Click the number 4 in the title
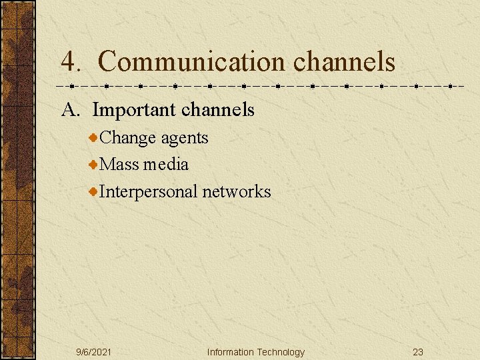click(x=69, y=62)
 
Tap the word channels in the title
click(x=344, y=62)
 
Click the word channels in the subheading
click(x=217, y=109)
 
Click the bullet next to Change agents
click(x=94, y=137)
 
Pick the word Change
click(x=128, y=138)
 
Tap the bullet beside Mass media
click(x=94, y=164)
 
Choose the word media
click(x=165, y=164)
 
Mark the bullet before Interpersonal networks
click(x=94, y=191)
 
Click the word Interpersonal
click(x=148, y=192)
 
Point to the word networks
click(x=237, y=192)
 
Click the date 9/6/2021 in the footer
click(x=94, y=352)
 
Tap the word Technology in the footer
click(x=281, y=352)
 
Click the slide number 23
click(x=418, y=352)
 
